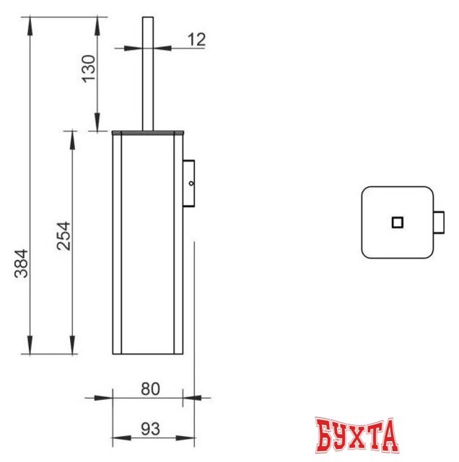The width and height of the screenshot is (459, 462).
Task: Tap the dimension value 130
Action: (87, 69)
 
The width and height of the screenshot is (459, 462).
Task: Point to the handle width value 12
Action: (196, 40)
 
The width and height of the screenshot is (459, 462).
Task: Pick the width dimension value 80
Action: (149, 388)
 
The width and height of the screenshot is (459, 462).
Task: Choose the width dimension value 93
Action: (149, 429)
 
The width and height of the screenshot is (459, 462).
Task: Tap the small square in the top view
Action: (397, 222)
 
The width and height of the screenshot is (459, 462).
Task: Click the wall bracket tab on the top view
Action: (438, 222)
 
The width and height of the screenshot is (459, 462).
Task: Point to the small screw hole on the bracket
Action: (191, 185)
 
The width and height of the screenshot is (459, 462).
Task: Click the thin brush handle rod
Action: (148, 72)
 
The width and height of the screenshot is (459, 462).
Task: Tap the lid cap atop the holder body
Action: (148, 133)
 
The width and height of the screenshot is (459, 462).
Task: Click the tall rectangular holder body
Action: (148, 245)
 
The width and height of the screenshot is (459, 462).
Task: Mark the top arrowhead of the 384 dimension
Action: (31, 22)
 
